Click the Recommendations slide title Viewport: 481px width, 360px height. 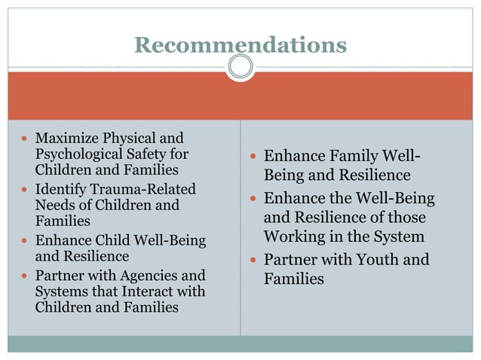240,44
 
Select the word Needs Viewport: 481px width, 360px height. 54,205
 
